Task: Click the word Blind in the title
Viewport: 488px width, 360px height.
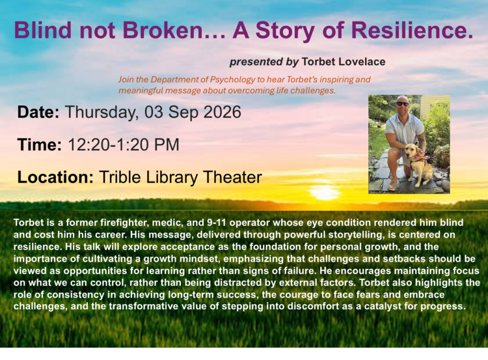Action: click(x=43, y=31)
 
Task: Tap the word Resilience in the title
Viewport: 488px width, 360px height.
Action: click(x=413, y=31)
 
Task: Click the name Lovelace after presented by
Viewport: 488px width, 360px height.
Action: click(x=362, y=62)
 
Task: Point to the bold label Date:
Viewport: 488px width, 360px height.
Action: click(x=38, y=112)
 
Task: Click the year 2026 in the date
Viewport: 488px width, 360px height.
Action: click(x=222, y=112)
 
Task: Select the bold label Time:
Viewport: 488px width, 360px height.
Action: click(x=40, y=145)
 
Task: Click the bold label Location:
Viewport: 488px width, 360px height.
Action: click(x=55, y=177)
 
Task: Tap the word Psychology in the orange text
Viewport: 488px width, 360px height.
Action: click(x=232, y=80)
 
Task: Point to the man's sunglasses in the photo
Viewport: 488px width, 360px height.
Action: click(x=402, y=104)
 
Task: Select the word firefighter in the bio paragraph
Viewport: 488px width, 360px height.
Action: click(x=119, y=223)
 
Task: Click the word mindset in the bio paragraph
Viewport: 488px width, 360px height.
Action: click(x=201, y=259)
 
